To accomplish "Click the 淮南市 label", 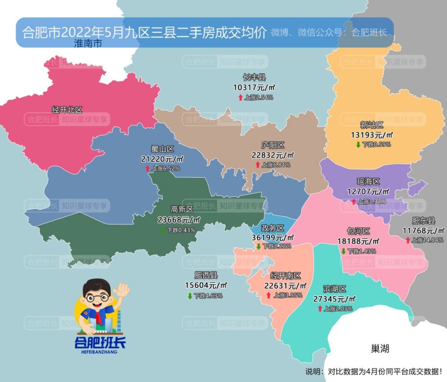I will (x=88, y=44).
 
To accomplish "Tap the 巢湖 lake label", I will (x=380, y=348).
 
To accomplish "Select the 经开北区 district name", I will (x=67, y=109).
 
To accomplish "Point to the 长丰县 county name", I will (x=254, y=77).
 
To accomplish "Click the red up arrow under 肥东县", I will (x=408, y=240).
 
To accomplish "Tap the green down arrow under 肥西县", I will (x=190, y=296).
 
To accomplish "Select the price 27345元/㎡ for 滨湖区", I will (x=335, y=299).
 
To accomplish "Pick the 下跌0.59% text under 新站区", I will (x=376, y=144).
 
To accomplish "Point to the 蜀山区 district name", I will (x=162, y=149).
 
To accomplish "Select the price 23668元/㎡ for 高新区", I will (x=179, y=219).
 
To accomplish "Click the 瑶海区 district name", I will (x=368, y=181).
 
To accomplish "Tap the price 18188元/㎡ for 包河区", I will (x=358, y=241).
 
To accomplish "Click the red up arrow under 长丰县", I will (x=240, y=97).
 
